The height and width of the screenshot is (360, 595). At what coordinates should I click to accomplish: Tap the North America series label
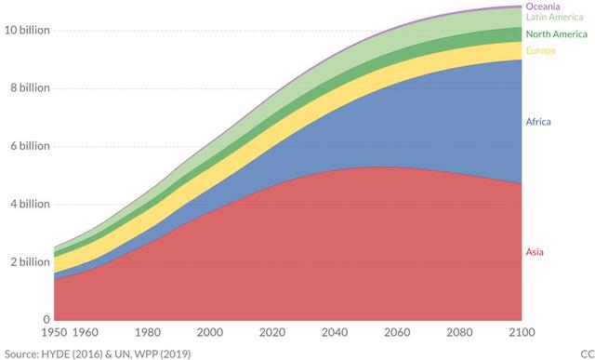(x=556, y=33)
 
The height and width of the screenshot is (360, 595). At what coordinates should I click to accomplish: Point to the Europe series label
(x=541, y=50)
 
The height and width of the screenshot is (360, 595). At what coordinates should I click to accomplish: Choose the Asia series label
(x=535, y=252)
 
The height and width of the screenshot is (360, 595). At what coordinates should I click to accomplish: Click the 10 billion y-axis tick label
(x=25, y=30)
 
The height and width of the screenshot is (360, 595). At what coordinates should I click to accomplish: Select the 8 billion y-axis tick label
(x=29, y=88)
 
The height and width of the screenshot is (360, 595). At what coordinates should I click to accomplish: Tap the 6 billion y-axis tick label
(x=29, y=146)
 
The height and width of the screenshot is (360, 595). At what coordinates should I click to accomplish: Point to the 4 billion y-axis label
(x=29, y=205)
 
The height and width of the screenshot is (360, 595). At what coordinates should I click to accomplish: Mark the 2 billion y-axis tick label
(x=29, y=262)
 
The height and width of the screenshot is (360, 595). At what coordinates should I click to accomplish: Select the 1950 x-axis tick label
(x=59, y=332)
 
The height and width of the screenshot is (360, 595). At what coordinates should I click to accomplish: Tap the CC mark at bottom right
(x=586, y=353)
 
